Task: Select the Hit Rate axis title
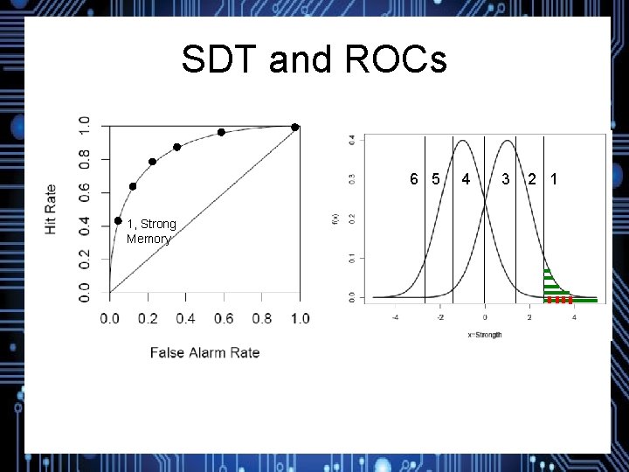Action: coord(51,208)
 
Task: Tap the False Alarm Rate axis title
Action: coord(204,353)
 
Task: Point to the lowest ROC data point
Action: coord(118,221)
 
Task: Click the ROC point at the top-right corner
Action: coord(295,128)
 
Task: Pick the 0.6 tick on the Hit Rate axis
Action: coord(85,192)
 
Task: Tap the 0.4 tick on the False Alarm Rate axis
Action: coord(185,319)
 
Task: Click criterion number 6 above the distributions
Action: coord(415,180)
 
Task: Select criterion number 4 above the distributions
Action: coord(467,180)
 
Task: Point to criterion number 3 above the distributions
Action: coord(506,180)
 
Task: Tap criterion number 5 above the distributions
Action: coord(435,180)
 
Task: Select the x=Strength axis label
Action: coord(484,335)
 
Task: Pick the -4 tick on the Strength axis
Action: coord(395,318)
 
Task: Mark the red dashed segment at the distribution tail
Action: coord(559,300)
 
